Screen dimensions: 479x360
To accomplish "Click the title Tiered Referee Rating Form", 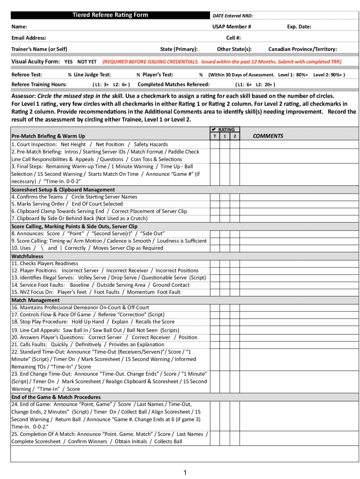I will (110, 15).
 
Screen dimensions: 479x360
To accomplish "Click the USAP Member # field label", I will (232, 27).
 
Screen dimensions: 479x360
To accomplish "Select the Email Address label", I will (29, 38).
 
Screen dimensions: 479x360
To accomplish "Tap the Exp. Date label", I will (299, 27).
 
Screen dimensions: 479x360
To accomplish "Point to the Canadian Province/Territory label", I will (302, 49).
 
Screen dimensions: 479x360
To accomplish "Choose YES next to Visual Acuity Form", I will (68, 62).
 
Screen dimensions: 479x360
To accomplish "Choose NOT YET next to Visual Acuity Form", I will (86, 62).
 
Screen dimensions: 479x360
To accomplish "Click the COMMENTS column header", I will (268, 136).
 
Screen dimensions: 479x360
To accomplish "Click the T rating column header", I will (215, 136).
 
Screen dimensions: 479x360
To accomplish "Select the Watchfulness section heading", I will (27, 256).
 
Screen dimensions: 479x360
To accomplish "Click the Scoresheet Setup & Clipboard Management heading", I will (63, 189).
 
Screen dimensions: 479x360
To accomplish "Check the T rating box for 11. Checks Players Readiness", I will (215, 263).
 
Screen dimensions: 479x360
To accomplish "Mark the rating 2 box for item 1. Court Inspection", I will (235, 145).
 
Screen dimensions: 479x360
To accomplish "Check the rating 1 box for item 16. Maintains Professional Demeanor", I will (225, 307).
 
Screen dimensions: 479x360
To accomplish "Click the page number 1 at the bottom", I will (185, 473).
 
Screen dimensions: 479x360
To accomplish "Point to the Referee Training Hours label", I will (39, 84).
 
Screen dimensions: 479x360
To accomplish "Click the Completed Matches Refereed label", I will (173, 84).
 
